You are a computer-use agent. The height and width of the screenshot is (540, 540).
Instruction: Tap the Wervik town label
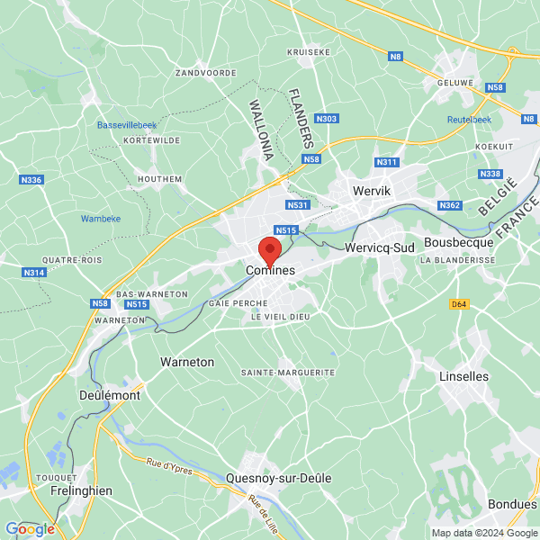371,191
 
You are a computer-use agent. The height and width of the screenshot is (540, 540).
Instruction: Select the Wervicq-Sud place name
380,247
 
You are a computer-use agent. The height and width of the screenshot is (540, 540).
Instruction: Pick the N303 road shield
328,119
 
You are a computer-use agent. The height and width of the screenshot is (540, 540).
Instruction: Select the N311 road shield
386,162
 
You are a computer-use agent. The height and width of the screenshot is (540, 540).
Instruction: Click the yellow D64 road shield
459,304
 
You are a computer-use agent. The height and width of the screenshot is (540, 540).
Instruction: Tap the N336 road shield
31,180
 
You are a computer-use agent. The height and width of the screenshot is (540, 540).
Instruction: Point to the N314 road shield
34,273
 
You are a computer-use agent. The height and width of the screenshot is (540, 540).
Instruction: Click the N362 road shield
450,206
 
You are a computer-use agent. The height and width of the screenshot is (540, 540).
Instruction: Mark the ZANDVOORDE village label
206,72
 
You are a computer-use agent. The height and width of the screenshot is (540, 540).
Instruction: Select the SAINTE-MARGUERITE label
288,372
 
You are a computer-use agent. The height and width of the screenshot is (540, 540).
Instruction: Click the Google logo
30,529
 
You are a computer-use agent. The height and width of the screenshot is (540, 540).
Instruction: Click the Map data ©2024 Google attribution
482,533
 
